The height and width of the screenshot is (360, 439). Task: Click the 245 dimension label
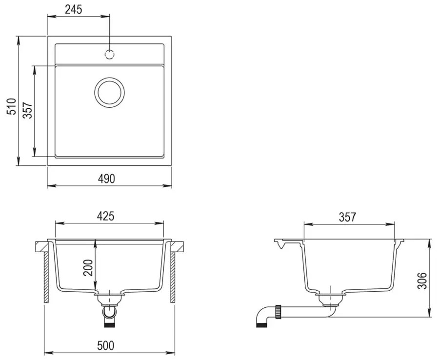74,9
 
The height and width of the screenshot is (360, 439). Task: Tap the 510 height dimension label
12,106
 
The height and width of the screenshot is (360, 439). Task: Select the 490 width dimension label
106,179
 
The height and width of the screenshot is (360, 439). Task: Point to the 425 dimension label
105,216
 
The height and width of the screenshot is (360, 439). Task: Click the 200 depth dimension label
88,268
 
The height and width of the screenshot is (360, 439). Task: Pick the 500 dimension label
105,345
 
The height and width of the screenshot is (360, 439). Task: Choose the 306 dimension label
421,280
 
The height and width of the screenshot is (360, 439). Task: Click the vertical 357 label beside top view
28,110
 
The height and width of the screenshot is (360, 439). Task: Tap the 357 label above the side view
347,217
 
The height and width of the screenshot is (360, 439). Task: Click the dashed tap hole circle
109,54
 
